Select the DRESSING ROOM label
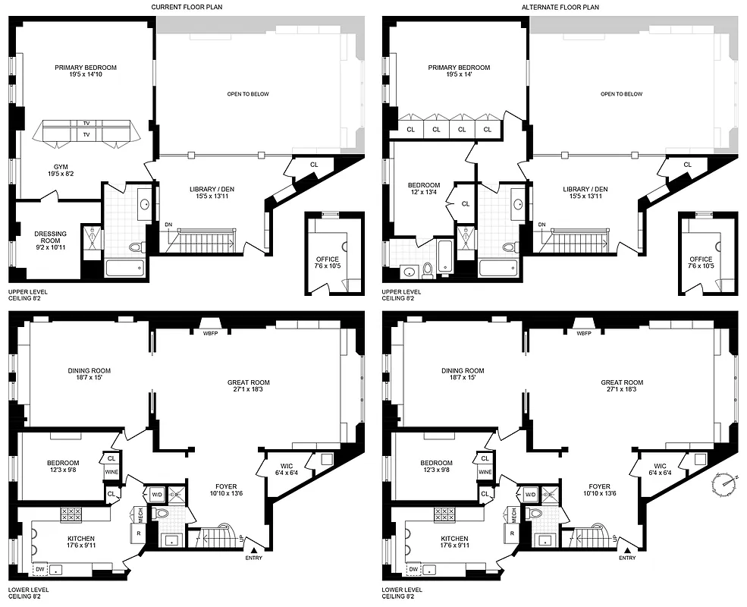[52, 237]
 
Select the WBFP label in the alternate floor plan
[583, 333]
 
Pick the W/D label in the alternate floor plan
[531, 494]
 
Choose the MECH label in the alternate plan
[514, 514]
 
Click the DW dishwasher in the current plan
[39, 568]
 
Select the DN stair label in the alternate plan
[541, 225]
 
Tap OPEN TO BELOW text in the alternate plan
[620, 94]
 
